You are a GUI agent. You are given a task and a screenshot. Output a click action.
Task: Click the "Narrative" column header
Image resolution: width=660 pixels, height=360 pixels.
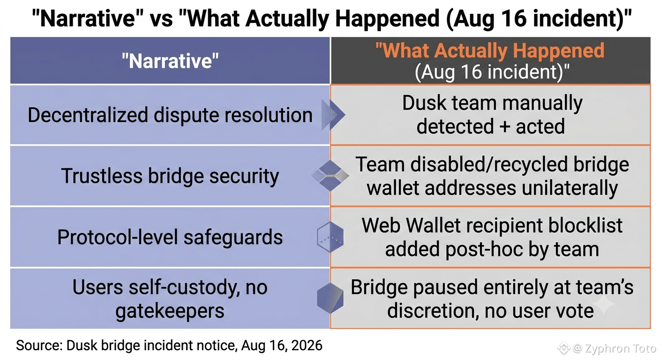click(170, 60)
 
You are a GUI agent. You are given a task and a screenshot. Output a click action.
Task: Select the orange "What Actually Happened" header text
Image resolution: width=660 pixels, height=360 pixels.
click(490, 50)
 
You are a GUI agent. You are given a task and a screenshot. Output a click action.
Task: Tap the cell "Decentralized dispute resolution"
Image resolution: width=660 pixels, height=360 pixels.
click(170, 115)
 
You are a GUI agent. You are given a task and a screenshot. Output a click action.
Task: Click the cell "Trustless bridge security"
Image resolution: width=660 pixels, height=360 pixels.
click(170, 176)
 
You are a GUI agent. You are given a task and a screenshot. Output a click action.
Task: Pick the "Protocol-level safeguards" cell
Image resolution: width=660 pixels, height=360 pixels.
click(170, 237)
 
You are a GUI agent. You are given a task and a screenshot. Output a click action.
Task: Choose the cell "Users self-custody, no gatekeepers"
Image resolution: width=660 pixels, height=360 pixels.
click(170, 299)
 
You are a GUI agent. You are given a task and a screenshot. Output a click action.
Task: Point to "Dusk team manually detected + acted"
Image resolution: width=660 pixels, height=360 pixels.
click(491, 114)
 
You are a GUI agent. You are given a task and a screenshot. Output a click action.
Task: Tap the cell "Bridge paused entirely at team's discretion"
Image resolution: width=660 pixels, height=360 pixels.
click(491, 299)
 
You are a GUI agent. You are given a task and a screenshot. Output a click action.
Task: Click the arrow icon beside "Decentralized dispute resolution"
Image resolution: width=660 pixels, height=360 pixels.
click(333, 114)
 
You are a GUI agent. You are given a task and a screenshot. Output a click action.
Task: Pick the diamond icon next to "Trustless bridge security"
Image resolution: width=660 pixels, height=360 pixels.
click(330, 176)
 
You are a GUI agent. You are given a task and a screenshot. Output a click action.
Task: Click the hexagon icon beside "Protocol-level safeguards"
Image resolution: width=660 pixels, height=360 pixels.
click(330, 237)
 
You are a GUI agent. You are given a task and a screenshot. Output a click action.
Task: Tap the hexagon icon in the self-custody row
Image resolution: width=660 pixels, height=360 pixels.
click(330, 298)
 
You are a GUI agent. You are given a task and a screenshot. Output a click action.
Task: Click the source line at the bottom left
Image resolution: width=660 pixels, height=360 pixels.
click(169, 345)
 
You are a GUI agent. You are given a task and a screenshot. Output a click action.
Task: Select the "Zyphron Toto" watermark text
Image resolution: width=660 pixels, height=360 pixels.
click(620, 348)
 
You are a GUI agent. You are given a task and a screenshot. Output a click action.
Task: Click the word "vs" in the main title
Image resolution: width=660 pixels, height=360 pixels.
click(161, 19)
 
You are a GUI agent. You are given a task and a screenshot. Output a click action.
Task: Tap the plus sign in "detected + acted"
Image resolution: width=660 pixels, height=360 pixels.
click(504, 127)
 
